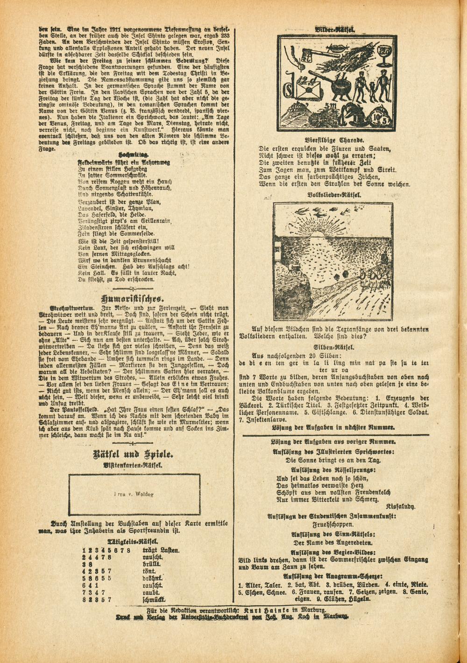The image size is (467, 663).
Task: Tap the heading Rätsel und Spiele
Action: (134, 453)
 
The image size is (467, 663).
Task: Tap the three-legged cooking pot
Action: (340, 86)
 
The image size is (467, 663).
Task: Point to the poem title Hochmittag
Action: (134, 154)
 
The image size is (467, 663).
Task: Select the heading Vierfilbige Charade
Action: (335, 140)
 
